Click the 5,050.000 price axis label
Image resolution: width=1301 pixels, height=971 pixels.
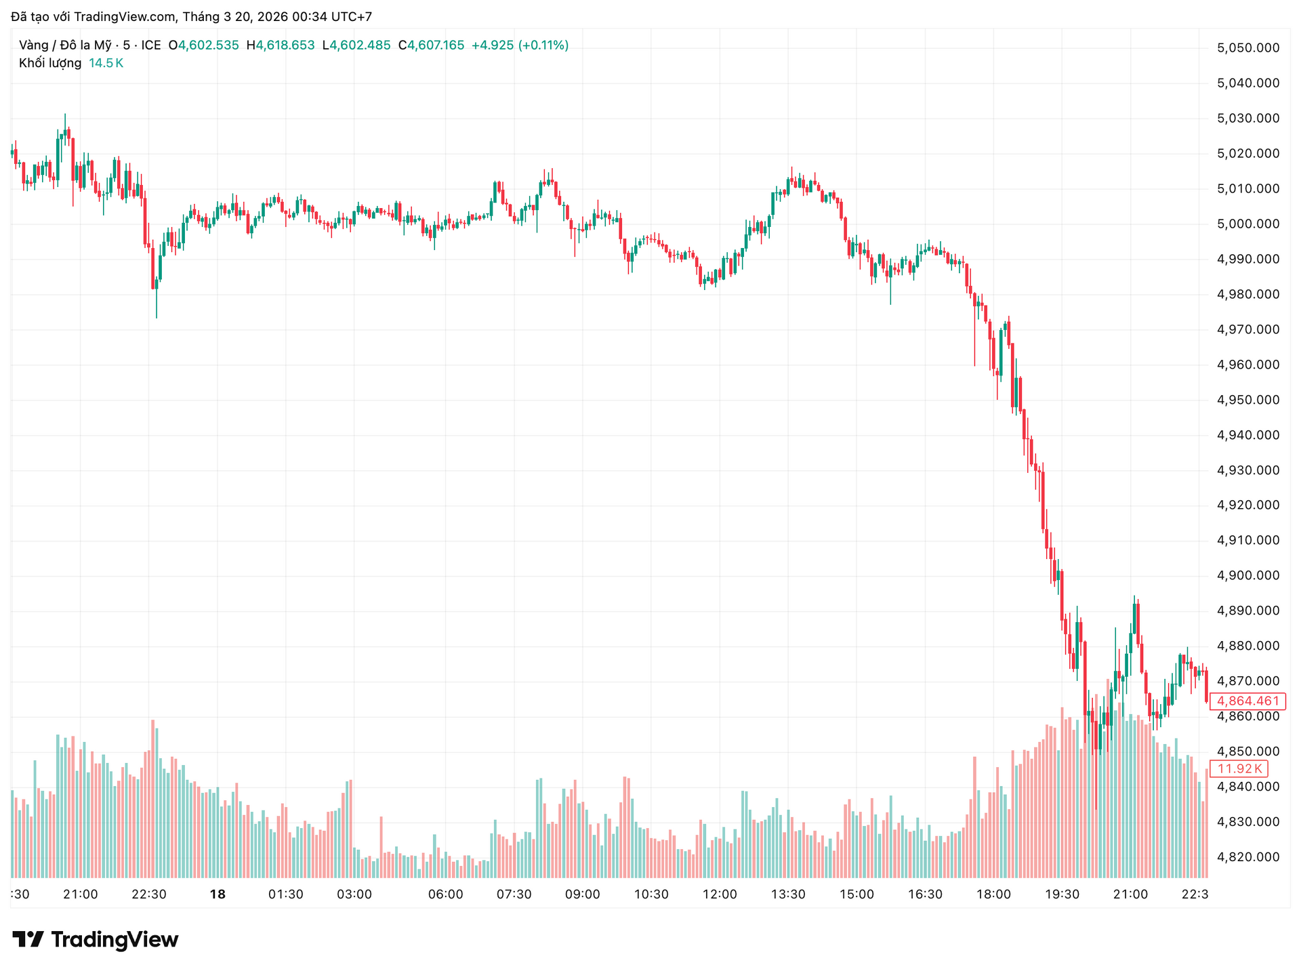click(1248, 48)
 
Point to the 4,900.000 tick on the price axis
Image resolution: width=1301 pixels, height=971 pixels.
click(1248, 575)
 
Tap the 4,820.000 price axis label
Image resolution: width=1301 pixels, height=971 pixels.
click(1248, 856)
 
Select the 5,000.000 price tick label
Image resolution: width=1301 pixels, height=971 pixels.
click(1248, 224)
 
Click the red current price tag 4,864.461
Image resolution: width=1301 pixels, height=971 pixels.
click(1247, 701)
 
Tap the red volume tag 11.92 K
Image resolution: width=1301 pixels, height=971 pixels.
click(1239, 768)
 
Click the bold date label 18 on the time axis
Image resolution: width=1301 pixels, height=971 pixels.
click(218, 894)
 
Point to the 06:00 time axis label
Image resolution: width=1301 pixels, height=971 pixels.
click(445, 894)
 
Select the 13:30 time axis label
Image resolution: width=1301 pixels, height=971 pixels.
click(788, 894)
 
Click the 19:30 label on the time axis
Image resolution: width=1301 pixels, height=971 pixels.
click(1062, 894)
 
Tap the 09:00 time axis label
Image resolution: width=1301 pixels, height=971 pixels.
click(583, 894)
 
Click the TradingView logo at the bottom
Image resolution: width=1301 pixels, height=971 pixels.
click(96, 940)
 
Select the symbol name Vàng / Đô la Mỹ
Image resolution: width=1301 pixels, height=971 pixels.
click(65, 45)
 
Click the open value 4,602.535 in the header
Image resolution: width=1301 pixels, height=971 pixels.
click(208, 45)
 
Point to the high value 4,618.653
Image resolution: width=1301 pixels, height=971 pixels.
click(285, 45)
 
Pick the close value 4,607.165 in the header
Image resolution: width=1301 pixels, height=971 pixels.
click(435, 45)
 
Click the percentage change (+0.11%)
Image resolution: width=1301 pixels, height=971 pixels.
click(543, 45)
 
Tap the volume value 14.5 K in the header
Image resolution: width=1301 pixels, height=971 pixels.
click(106, 63)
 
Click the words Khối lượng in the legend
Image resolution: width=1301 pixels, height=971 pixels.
click(50, 63)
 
